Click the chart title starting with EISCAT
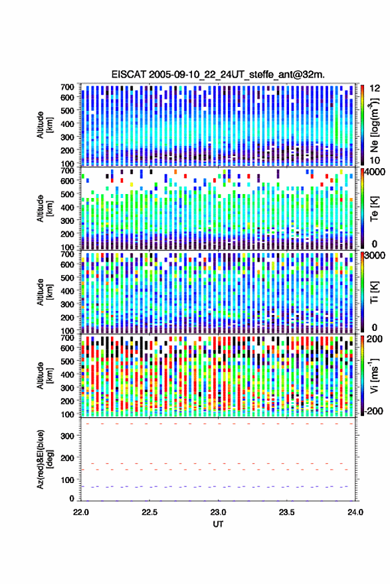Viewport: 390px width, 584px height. (x=218, y=74)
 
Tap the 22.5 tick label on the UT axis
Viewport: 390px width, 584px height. (x=149, y=512)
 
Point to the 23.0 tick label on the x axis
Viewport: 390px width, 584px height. (x=218, y=512)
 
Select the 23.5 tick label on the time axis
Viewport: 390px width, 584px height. (x=286, y=512)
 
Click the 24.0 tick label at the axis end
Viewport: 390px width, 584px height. (x=355, y=512)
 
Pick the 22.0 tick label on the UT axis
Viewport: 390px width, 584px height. (x=81, y=512)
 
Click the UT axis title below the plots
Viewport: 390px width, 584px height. (x=218, y=524)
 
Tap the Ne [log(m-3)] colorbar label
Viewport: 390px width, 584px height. (x=374, y=125)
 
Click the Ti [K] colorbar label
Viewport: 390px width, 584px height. (x=374, y=292)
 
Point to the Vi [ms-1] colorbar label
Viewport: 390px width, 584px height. (x=374, y=376)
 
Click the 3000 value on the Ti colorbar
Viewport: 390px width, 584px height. (x=375, y=256)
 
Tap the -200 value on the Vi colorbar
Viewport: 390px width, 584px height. (x=373, y=411)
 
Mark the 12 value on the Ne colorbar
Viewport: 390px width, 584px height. (x=375, y=88)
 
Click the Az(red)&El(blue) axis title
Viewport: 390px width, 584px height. (x=45, y=459)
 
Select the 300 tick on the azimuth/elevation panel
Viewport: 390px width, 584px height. (x=68, y=436)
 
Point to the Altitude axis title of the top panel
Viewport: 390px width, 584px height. (x=45, y=125)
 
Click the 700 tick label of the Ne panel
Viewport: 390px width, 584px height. (x=68, y=87)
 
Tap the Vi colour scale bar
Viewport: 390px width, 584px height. (x=362, y=375)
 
